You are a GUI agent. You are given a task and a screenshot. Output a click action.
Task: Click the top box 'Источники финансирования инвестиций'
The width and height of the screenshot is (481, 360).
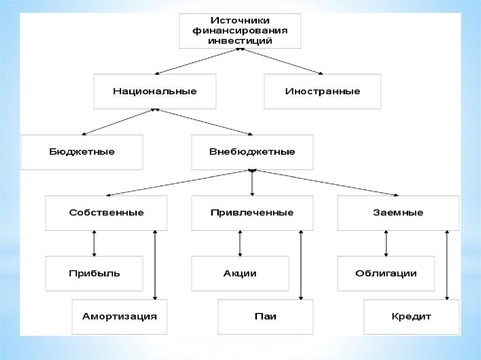tap(240, 31)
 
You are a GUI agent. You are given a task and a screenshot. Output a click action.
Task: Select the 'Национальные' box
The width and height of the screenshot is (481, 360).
tap(155, 91)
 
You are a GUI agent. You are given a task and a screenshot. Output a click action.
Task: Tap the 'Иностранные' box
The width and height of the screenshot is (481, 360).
tap(322, 91)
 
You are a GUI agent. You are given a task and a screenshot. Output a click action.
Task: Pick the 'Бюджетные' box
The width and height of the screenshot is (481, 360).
tap(82, 152)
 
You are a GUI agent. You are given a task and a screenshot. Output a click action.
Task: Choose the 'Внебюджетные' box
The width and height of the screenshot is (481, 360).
tap(252, 152)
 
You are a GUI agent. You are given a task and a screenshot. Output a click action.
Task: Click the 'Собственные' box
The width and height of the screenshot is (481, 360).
tap(106, 213)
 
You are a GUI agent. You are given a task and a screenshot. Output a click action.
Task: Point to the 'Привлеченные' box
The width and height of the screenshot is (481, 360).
tap(252, 213)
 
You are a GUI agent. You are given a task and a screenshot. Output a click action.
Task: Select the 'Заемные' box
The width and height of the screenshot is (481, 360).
tap(398, 213)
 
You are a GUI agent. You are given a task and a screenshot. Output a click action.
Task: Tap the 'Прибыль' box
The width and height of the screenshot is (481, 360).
tap(94, 273)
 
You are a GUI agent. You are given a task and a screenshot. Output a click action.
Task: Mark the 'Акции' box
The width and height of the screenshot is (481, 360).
tap(240, 273)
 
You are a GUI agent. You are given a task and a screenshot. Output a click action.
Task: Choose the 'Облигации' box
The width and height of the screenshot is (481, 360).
tap(386, 273)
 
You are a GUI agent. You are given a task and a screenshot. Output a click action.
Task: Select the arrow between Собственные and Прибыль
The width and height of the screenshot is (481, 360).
tap(94, 243)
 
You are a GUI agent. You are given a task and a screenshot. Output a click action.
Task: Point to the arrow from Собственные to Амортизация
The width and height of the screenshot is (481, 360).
tap(155, 265)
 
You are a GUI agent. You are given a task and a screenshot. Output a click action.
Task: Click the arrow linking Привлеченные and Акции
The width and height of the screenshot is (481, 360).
tap(240, 243)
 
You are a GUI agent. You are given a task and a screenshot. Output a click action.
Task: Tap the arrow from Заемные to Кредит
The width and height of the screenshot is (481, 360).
tap(447, 265)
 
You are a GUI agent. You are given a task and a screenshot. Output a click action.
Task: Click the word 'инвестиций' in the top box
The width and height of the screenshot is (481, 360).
tap(240, 41)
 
